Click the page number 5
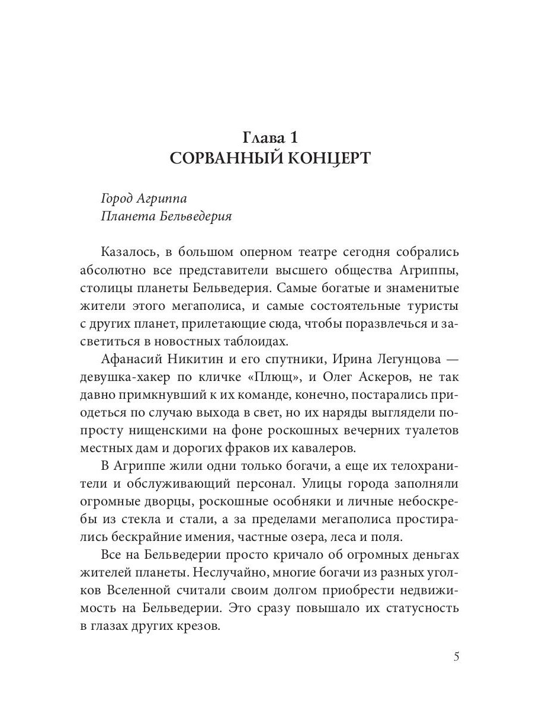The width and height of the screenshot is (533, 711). coord(455,657)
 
